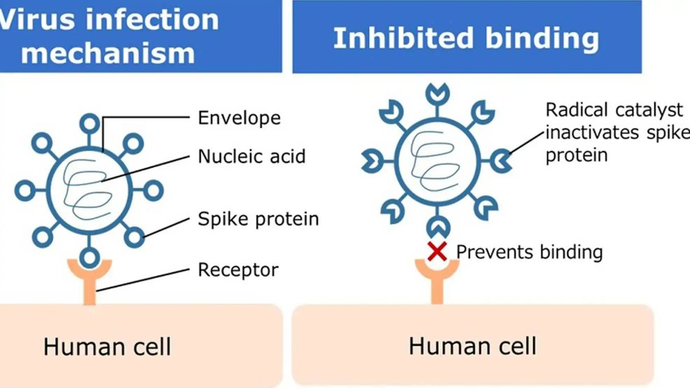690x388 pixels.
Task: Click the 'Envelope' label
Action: pos(239,117)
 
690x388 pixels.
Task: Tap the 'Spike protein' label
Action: pos(258,219)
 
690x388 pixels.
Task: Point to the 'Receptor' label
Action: pos(238,269)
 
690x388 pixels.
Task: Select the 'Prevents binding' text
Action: pos(529,251)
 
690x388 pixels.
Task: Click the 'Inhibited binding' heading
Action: pos(466,38)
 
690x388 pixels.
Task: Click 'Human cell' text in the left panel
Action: pos(107,346)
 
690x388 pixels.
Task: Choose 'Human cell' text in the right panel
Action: pos(472,345)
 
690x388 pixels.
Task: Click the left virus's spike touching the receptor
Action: pos(89,257)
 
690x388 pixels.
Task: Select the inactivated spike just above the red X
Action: pos(437,227)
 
